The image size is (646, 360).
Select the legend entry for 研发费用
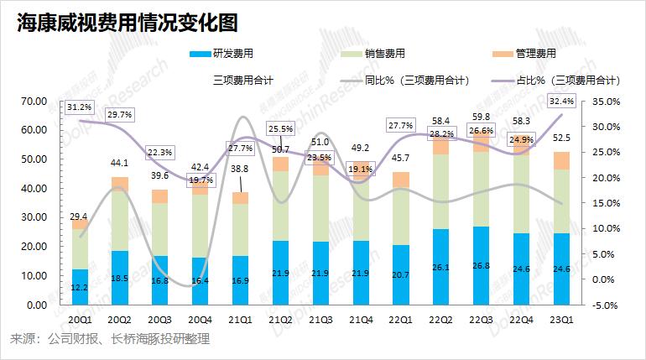(x=227, y=55)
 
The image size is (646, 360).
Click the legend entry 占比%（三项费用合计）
(x=567, y=81)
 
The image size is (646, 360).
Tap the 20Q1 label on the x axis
(x=81, y=319)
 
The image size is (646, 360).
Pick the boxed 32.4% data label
(x=560, y=101)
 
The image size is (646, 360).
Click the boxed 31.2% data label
(x=80, y=107)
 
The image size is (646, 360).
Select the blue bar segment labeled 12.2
(x=81, y=287)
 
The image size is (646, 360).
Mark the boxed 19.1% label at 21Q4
(x=360, y=169)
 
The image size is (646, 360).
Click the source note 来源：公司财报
(x=108, y=339)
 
